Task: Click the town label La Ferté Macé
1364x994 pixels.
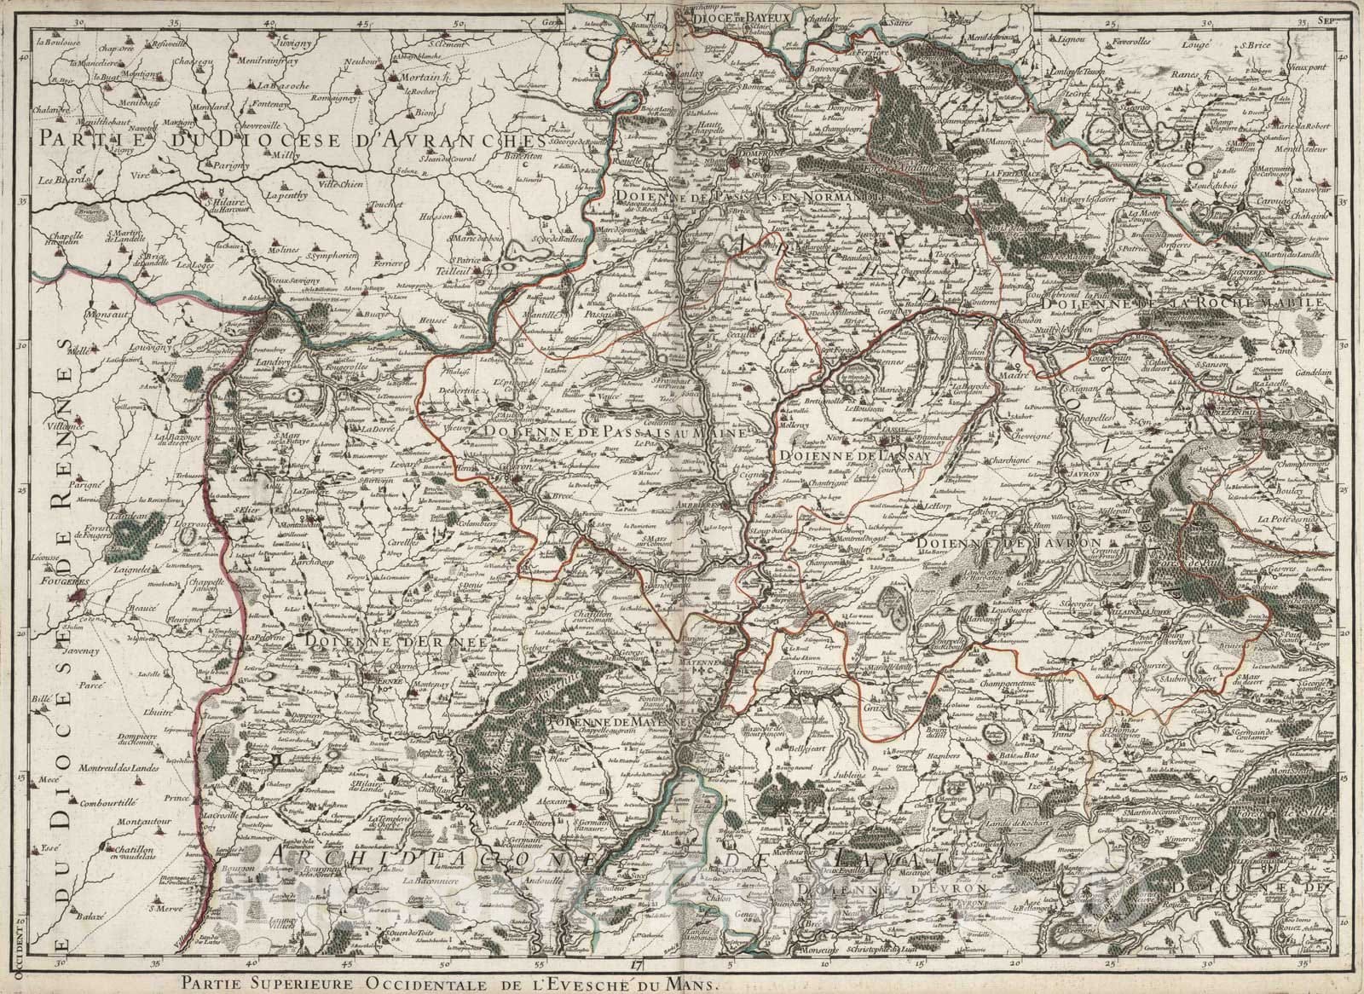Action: coord(1010,173)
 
